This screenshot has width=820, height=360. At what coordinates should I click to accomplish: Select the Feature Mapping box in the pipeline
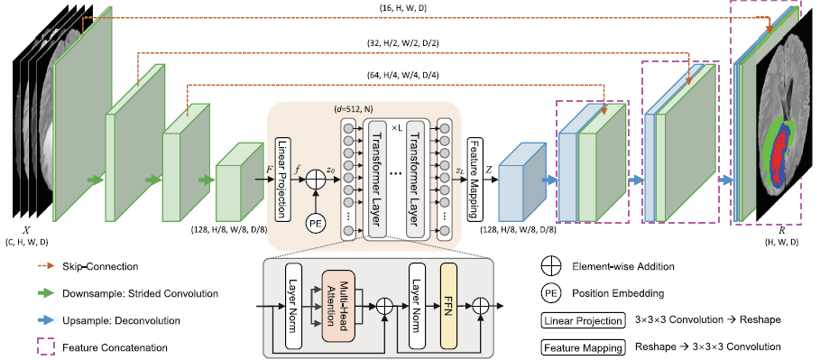[x=473, y=180]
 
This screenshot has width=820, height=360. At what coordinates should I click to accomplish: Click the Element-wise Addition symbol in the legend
[x=551, y=268]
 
